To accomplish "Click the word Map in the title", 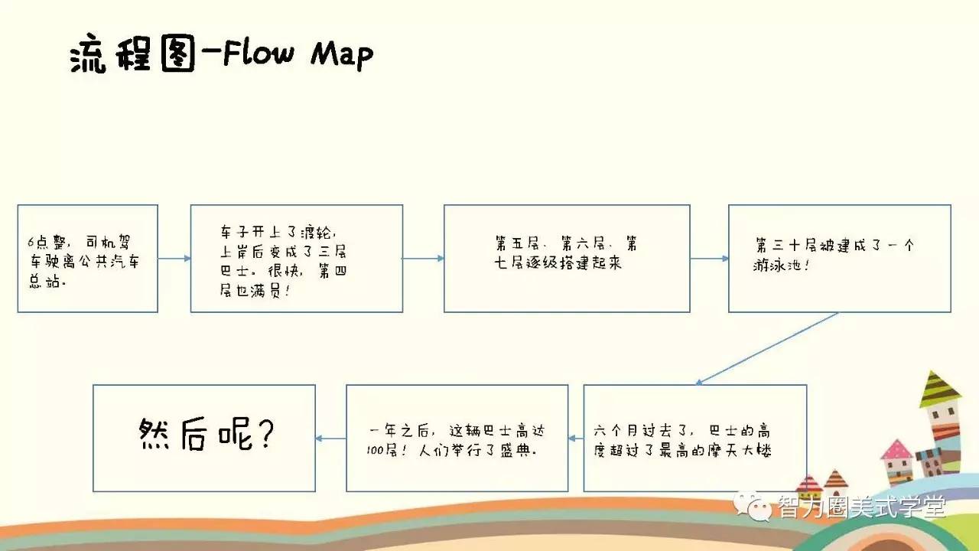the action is click(342, 55).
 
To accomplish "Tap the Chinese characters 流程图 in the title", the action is click(132, 54).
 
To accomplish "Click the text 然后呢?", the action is click(207, 434).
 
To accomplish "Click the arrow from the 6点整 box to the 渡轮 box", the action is click(174, 259).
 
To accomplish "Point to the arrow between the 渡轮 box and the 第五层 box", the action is click(424, 259).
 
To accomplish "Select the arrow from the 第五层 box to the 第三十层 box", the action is click(709, 259).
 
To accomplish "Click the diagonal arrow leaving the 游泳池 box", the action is click(766, 348).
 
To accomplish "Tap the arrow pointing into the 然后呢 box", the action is click(331, 439).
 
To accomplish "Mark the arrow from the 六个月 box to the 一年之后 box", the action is click(576, 439).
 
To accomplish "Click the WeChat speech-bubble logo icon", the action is click(753, 507).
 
